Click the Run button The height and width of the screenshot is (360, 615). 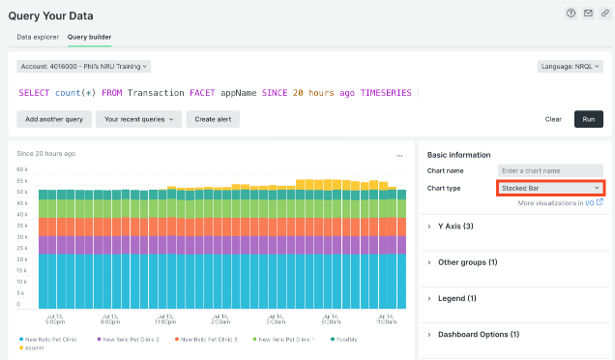pos(589,119)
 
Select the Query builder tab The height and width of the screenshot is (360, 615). pos(89,37)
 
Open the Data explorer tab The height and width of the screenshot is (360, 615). pos(38,37)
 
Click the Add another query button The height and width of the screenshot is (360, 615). pos(53,119)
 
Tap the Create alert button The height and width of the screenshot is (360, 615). pos(213,119)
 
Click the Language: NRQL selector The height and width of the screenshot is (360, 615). pos(571,67)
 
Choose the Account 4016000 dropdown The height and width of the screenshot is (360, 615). pos(84,67)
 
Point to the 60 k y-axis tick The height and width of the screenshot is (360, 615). pos(21,169)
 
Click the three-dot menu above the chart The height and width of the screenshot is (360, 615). pos(399,155)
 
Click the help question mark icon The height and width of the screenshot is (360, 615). pos(571,13)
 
